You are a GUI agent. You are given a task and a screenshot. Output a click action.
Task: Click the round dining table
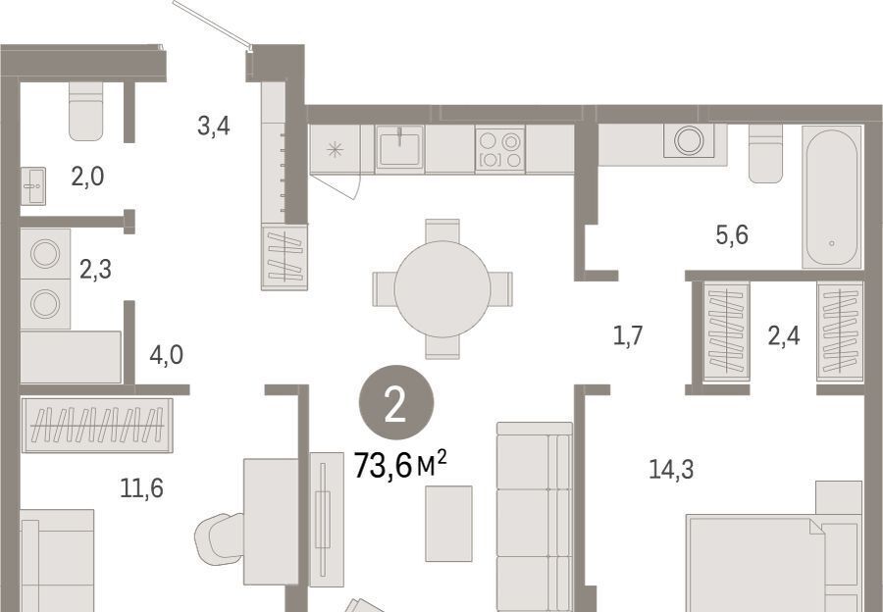click(x=442, y=288)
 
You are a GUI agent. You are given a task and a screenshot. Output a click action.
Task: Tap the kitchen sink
click(x=399, y=147)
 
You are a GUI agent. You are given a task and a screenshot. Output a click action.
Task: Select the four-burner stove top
click(x=500, y=149)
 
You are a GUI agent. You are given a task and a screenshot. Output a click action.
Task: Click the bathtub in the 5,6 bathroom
click(x=832, y=197)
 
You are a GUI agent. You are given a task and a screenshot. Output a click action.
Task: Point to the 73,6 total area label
click(x=400, y=466)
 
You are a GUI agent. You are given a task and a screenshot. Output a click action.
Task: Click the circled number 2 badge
click(x=396, y=402)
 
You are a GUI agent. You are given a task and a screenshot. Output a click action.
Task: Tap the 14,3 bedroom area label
click(x=671, y=469)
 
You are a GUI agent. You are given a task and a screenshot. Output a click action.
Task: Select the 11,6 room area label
click(x=142, y=487)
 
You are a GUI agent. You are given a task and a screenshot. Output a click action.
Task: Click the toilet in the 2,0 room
click(x=86, y=111)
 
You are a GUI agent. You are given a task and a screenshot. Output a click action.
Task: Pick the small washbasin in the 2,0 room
click(x=33, y=185)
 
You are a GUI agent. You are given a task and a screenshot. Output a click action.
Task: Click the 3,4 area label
click(x=214, y=126)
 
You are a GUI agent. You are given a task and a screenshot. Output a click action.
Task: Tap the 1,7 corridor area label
click(x=627, y=336)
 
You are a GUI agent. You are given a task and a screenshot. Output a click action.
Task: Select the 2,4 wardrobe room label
click(x=784, y=336)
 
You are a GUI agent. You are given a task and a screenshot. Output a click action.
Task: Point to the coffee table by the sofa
click(x=448, y=524)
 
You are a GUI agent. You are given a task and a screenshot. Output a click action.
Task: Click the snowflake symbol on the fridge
click(x=336, y=150)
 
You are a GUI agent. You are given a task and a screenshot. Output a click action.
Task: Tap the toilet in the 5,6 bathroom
click(x=766, y=153)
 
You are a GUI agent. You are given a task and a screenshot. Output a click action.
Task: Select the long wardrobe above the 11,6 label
click(x=97, y=425)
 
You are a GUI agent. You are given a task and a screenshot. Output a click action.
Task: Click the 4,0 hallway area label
click(x=166, y=355)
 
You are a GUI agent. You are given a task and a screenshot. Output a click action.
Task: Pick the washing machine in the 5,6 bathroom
click(x=689, y=140)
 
